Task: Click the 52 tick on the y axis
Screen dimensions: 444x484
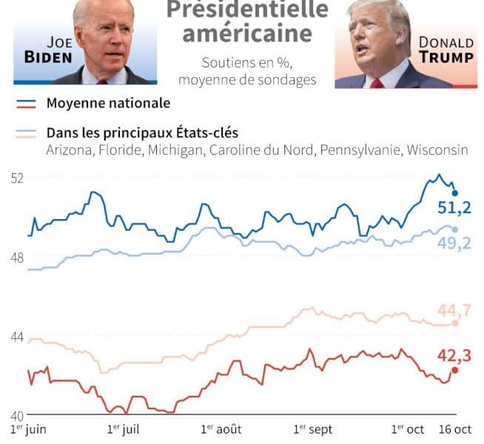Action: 16,178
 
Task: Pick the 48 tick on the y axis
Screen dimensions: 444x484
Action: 16,258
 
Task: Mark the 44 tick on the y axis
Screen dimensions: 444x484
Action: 16,337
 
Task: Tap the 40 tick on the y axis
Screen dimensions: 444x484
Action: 16,415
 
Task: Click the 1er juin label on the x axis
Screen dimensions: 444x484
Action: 29,429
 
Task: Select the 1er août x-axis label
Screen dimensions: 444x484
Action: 221,429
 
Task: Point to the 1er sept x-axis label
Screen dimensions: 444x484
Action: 313,429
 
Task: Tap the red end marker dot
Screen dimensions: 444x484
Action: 455,370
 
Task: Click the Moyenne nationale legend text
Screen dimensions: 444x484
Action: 108,103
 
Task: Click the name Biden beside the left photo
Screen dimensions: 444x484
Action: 49,58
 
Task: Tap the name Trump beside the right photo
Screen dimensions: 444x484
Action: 446,58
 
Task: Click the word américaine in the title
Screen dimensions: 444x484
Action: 247,34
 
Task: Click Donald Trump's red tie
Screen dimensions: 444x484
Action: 377,82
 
